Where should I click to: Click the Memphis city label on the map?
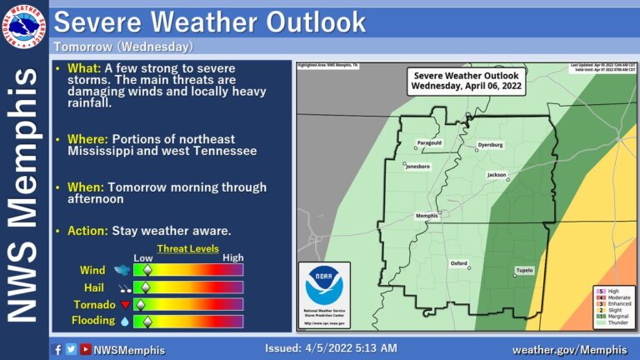[x=427, y=216]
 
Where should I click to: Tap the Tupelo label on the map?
[x=523, y=271]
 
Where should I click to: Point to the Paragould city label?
[x=429, y=143]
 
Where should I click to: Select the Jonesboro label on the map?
[x=417, y=167]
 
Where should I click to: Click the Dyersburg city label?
[x=490, y=145]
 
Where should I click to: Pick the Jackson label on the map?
[x=497, y=175]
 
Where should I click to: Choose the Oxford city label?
[x=459, y=262]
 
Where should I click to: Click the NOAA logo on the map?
[x=323, y=286]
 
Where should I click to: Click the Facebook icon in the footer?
[x=57, y=350]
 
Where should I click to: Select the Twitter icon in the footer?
[x=72, y=350]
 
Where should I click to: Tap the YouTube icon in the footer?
[x=85, y=350]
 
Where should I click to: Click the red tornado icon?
[x=126, y=305]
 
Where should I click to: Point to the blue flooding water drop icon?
[x=125, y=321]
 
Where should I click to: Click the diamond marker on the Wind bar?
[x=147, y=270]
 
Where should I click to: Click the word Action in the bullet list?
[x=83, y=230]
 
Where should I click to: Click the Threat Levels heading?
[x=187, y=248]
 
